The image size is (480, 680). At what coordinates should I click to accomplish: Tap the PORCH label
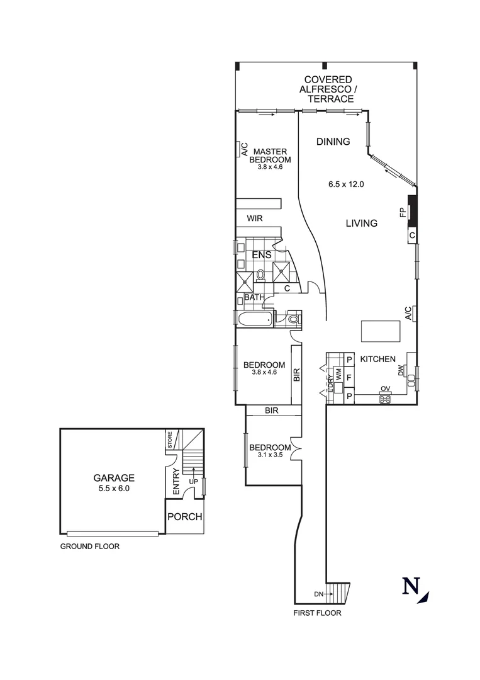pyautogui.click(x=185, y=517)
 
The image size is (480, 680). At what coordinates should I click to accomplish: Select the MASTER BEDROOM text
pyautogui.click(x=270, y=156)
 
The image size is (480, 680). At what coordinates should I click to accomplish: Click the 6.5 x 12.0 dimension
pyautogui.click(x=346, y=184)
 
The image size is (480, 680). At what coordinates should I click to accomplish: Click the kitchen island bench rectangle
pyautogui.click(x=380, y=330)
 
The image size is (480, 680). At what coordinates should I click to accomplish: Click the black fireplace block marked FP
pyautogui.click(x=411, y=210)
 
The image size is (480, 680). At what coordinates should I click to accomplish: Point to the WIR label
pyautogui.click(x=254, y=218)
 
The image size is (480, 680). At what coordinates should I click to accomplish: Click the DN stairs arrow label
pyautogui.click(x=319, y=594)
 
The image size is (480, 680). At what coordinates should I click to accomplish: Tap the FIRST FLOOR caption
pyautogui.click(x=318, y=613)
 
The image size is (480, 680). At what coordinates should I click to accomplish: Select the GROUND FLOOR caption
pyautogui.click(x=90, y=547)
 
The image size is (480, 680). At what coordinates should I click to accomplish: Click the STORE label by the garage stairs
pyautogui.click(x=169, y=439)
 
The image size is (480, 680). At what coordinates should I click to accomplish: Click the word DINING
pyautogui.click(x=333, y=142)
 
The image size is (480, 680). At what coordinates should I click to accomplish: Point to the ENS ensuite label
pyautogui.click(x=261, y=255)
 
